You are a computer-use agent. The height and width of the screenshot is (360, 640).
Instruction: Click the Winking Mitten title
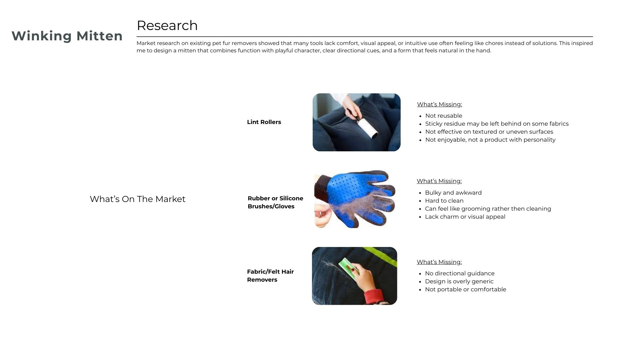[67, 36]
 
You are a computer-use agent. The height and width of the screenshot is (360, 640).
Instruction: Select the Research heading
[167, 26]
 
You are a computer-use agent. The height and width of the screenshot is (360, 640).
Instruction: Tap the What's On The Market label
[138, 199]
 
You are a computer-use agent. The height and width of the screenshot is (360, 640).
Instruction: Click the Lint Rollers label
[264, 122]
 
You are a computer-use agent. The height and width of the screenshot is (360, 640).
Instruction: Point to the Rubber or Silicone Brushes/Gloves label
[275, 202]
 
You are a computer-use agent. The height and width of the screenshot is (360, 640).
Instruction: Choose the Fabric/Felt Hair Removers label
[270, 276]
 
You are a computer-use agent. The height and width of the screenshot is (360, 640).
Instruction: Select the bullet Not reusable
[444, 116]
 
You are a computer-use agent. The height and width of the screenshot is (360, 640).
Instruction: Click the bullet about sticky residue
[497, 124]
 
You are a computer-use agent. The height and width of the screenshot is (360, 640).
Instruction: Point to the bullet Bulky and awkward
[453, 193]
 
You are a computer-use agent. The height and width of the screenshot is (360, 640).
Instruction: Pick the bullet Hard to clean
[444, 201]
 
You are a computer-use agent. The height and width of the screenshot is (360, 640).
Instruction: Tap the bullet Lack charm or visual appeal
[465, 217]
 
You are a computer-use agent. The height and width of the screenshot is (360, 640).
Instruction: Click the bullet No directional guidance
[460, 273]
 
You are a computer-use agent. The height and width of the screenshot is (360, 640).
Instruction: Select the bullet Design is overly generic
[459, 281]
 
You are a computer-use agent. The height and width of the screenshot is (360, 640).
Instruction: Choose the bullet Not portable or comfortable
[465, 289]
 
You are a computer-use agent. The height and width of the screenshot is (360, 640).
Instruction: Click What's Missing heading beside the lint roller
[439, 104]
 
